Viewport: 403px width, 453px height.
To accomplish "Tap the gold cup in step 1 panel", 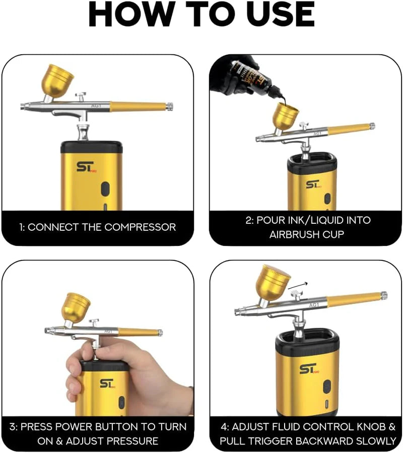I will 57,79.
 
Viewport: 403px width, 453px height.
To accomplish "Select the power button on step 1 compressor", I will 104,189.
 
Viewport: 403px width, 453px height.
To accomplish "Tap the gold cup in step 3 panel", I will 76,306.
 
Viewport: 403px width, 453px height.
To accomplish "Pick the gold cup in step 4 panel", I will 273,282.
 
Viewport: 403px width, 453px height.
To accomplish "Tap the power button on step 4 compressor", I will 327,387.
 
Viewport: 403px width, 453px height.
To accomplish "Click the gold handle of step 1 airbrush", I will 139,107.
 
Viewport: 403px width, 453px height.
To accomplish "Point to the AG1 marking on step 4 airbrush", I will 314,305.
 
